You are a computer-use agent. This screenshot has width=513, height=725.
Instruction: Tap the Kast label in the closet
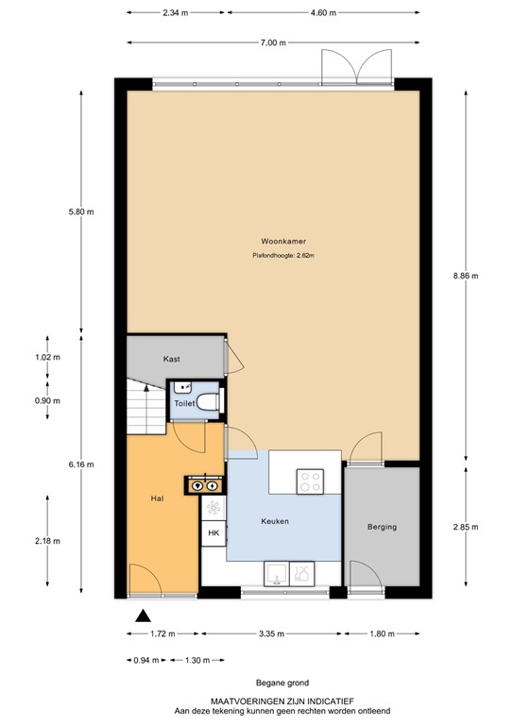tap(171, 360)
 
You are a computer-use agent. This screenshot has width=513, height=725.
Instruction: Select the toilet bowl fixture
tap(212, 403)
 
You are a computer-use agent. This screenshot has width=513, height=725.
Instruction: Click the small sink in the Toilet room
tap(182, 387)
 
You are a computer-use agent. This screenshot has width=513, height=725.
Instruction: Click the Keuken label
tap(275, 521)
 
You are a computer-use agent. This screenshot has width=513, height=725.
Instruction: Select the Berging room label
tap(382, 527)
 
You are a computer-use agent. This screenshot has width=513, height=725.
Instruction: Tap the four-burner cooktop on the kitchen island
tap(311, 481)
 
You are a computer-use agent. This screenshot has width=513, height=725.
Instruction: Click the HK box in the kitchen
tap(213, 534)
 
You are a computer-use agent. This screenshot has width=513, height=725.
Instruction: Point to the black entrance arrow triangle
tap(142, 615)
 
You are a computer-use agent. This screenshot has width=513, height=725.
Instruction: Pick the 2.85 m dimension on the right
tap(466, 527)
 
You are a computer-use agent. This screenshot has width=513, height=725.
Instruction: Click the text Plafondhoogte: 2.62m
tap(282, 255)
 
